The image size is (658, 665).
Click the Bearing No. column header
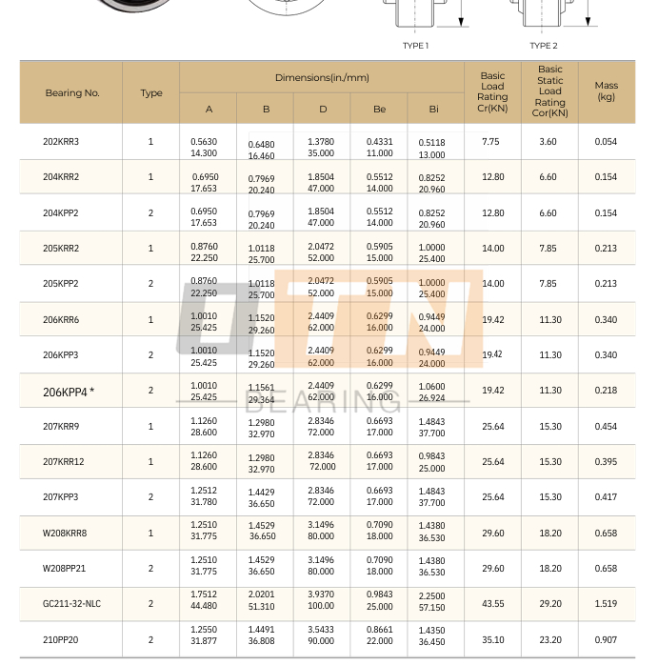pos(71,93)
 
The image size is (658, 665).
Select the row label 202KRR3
pos(61,142)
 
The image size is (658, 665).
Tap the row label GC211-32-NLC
pos(71,604)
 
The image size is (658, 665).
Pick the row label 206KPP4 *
pos(69,392)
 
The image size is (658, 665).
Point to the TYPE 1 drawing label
pos(415,46)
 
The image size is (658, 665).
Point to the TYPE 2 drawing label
pos(544,46)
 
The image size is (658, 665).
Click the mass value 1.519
pos(606,604)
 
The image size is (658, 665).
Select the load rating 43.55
pos(493,604)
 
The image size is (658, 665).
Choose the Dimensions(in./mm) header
pos(322,77)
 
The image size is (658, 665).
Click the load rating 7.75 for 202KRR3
pos(490,142)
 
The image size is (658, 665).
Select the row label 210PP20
pos(61,640)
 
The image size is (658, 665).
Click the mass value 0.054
pos(606,142)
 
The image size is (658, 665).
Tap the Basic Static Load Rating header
pos(549,91)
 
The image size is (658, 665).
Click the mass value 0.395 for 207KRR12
pos(606,462)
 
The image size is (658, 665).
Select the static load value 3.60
pos(548,142)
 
